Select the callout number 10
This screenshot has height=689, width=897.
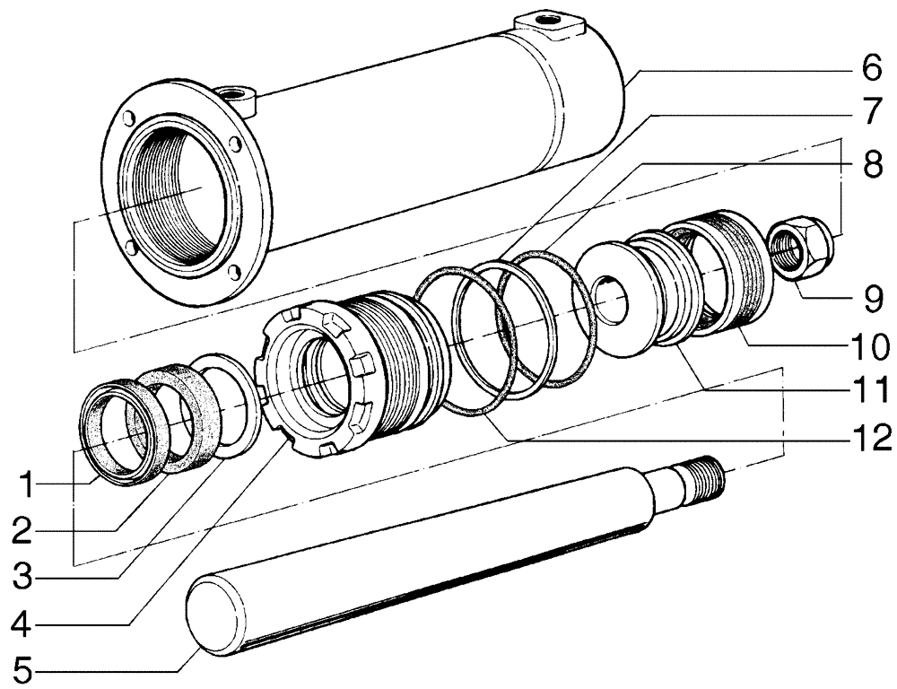pyautogui.click(x=870, y=344)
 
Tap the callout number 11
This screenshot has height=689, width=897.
pyautogui.click(x=870, y=391)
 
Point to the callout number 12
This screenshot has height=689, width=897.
pyautogui.click(x=870, y=439)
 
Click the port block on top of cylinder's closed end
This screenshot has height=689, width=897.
pyautogui.click(x=546, y=24)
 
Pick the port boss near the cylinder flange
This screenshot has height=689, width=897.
pyautogui.click(x=237, y=94)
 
